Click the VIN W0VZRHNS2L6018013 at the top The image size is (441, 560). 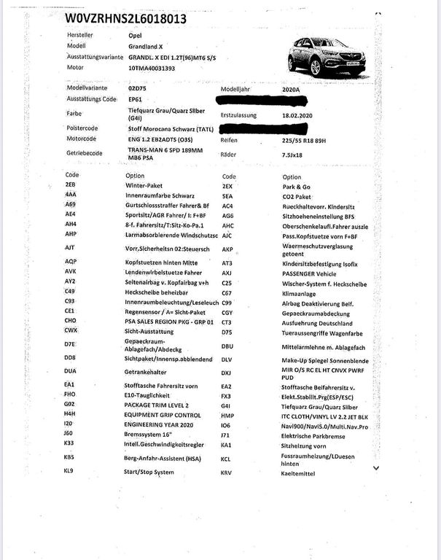tap(125, 19)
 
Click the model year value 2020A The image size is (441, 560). tap(294, 88)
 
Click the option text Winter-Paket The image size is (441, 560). tap(144, 186)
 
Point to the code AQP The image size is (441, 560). tap(71, 260)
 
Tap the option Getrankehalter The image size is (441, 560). tap(151, 370)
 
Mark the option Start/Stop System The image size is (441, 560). tap(149, 472)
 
